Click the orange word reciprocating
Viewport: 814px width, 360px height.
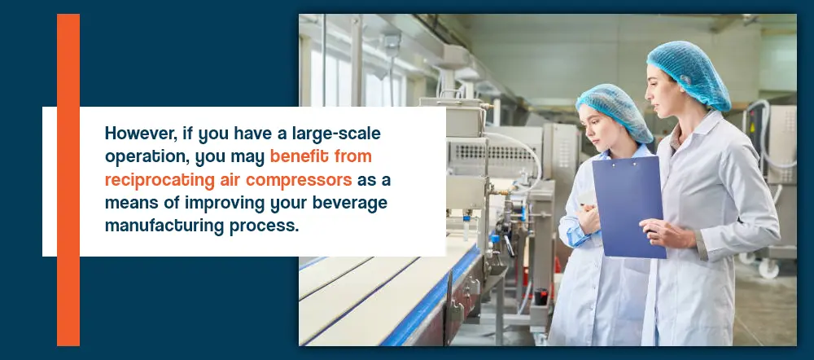pos(160,180)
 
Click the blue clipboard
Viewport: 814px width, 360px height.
pos(628,207)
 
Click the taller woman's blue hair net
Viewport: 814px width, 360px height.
pos(689,72)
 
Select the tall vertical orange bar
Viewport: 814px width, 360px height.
pos(68,180)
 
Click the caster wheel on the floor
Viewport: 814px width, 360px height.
pos(768,268)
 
